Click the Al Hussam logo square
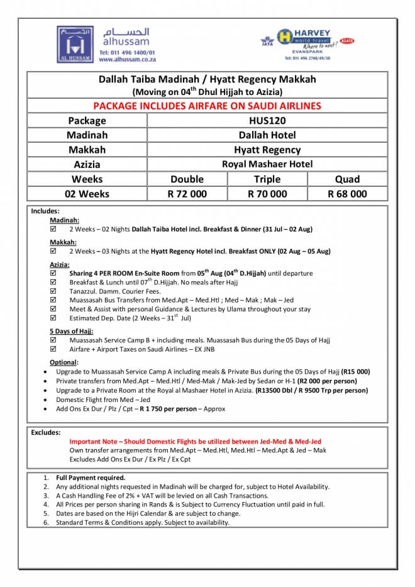[x=75, y=44]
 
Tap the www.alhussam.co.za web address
[x=126, y=59]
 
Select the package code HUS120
[x=267, y=120]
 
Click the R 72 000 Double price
[x=187, y=194]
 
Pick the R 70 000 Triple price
[x=267, y=194]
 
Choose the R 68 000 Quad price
[x=347, y=194]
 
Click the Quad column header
[x=347, y=179]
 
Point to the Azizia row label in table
[x=87, y=165]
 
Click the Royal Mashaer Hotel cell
[x=267, y=164]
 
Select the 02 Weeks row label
[x=87, y=194]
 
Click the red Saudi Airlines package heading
[x=207, y=106]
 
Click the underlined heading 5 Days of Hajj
[x=71, y=331]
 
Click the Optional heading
[x=64, y=362]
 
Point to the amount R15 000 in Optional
[x=355, y=372]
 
